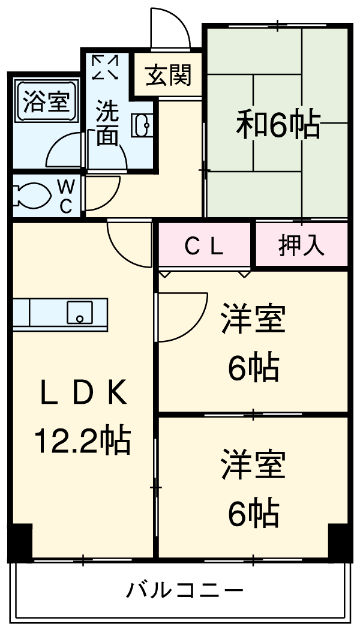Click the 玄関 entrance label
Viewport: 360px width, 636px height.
click(x=169, y=76)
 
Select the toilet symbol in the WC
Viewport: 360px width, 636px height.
click(x=30, y=195)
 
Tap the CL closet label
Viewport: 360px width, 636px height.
click(x=204, y=245)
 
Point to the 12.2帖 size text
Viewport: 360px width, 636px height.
click(x=83, y=441)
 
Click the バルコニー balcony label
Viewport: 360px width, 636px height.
click(x=185, y=591)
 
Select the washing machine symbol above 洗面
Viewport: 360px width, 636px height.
click(x=106, y=67)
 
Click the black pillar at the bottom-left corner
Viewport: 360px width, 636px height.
click(x=20, y=542)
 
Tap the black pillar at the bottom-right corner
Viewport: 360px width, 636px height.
click(x=340, y=542)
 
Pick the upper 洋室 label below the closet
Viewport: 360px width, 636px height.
click(x=253, y=320)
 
